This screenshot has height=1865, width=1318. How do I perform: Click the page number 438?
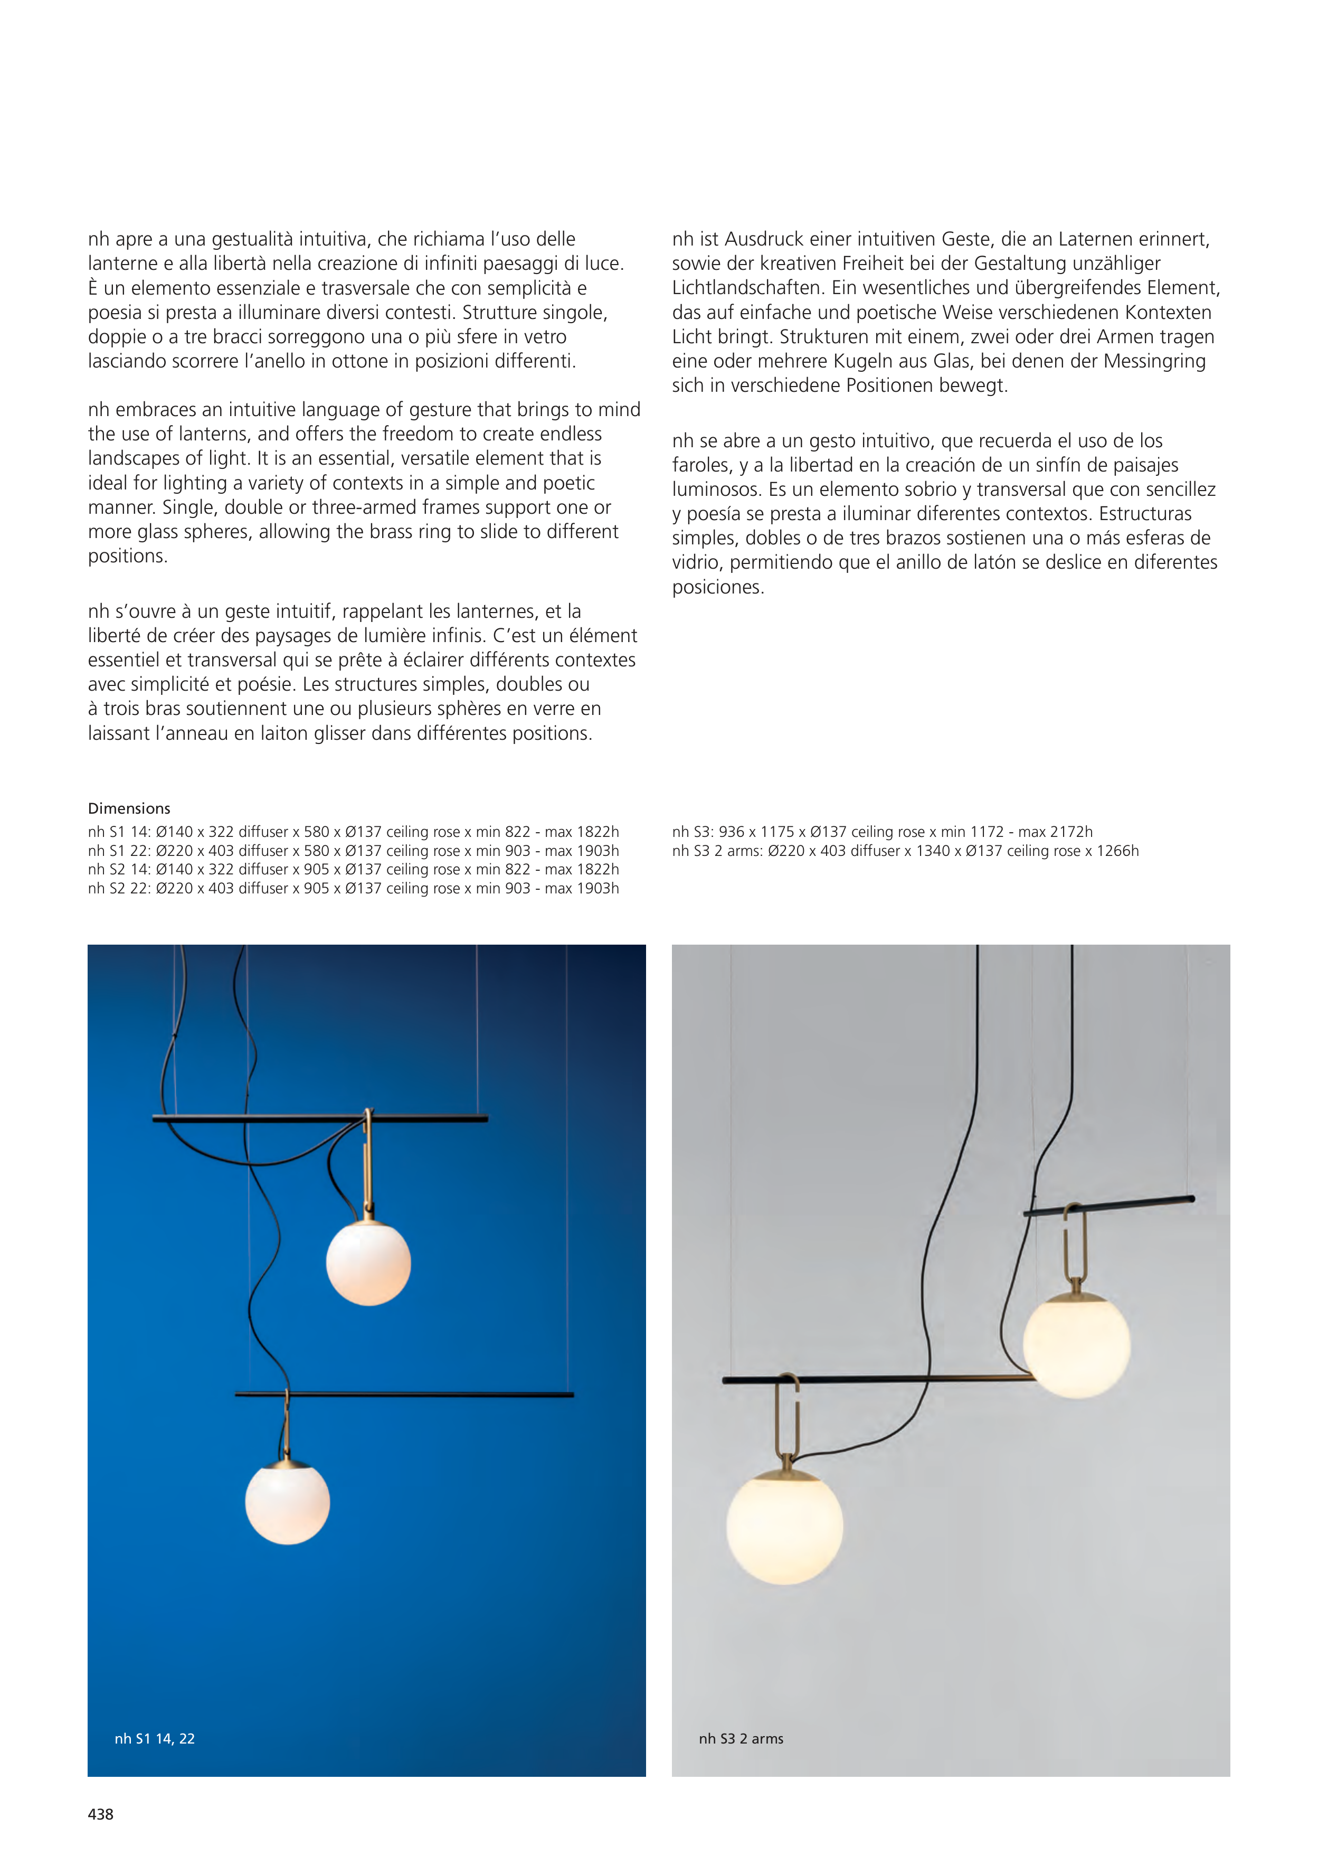101,1814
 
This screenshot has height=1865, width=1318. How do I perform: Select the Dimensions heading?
129,808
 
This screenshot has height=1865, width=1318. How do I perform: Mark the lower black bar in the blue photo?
404,1395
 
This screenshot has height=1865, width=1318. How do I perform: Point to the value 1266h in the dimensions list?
1117,851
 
